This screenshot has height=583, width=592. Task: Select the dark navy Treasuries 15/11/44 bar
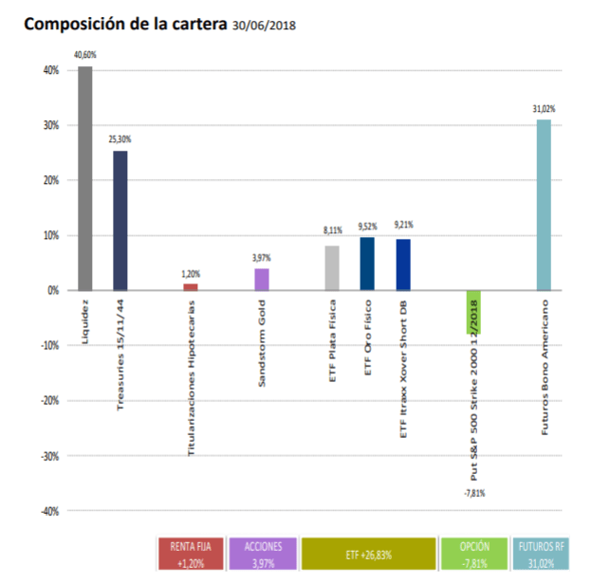(120, 220)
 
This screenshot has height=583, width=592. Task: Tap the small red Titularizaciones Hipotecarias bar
(191, 286)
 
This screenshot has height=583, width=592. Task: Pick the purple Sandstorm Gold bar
(262, 279)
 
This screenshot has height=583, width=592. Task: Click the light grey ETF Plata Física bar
(332, 267)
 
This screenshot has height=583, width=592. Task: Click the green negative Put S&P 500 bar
(473, 312)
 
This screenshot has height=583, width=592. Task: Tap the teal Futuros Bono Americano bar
(544, 205)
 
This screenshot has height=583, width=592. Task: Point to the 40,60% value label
(85, 57)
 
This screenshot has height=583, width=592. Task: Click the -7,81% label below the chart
(473, 493)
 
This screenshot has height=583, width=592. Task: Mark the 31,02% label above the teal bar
(544, 110)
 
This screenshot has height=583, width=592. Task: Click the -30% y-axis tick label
(49, 455)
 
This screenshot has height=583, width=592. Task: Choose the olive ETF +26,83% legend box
(368, 555)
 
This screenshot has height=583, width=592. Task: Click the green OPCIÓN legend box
(474, 555)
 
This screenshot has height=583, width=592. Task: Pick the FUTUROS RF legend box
(542, 555)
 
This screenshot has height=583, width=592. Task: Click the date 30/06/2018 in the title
(265, 25)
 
